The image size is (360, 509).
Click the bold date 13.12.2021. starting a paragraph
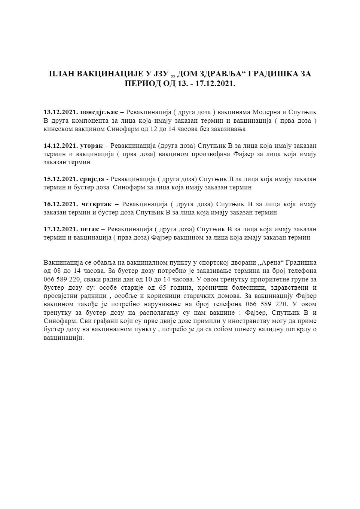tap(60, 112)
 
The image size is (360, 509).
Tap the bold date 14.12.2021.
tap(60, 146)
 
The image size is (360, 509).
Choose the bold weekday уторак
tap(91, 146)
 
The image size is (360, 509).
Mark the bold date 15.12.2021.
tap(60, 179)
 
